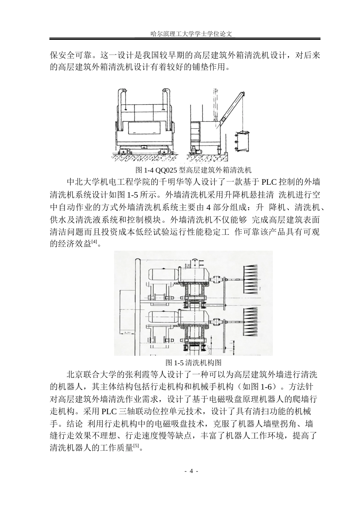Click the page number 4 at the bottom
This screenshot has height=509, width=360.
click(191, 471)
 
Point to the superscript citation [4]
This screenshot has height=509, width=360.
click(94, 242)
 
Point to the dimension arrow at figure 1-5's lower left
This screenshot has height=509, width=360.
click(127, 333)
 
